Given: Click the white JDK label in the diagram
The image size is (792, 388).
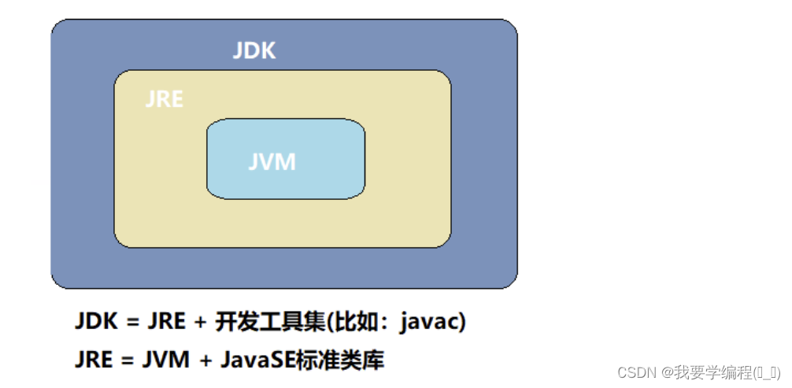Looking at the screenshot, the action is [254, 50].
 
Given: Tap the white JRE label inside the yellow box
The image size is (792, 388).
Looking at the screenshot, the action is [165, 99].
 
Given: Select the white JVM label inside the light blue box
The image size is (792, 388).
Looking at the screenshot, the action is [272, 161].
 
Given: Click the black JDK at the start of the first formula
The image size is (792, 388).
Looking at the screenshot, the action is [95, 323].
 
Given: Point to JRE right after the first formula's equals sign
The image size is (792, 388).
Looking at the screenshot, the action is [166, 323].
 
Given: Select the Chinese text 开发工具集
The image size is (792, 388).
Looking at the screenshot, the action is [269, 323].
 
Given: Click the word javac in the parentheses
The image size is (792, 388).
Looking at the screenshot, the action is [428, 323].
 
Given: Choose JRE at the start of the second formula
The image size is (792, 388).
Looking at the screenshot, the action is [94, 360].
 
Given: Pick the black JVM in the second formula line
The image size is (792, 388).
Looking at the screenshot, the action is [165, 360].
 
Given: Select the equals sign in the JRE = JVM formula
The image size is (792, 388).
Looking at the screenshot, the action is [128, 361].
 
